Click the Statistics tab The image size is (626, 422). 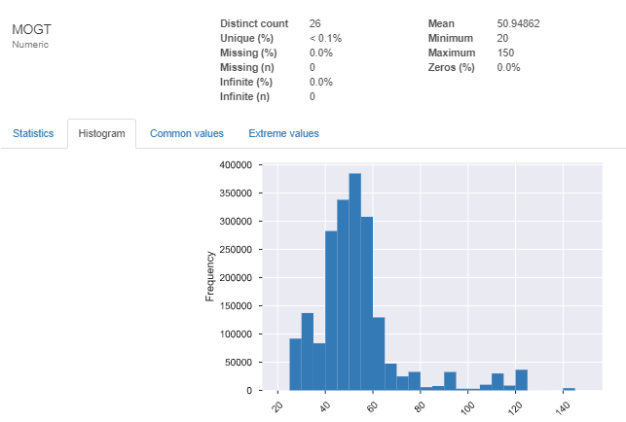click(33, 133)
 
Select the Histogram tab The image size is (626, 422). click(101, 133)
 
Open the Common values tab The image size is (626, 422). click(187, 133)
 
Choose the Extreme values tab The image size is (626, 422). click(283, 133)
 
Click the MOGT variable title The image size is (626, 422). click(32, 28)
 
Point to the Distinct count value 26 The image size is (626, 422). click(315, 22)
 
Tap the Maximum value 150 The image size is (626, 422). click(506, 53)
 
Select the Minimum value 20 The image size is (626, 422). click(503, 37)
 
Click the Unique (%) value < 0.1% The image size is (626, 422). click(325, 37)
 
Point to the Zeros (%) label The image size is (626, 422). click(451, 67)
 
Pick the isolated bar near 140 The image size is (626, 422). click(569, 389)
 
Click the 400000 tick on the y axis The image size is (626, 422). click(239, 165)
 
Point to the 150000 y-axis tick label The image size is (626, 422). click(239, 306)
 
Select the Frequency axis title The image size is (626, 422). click(209, 277)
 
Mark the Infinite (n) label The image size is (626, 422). click(246, 96)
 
